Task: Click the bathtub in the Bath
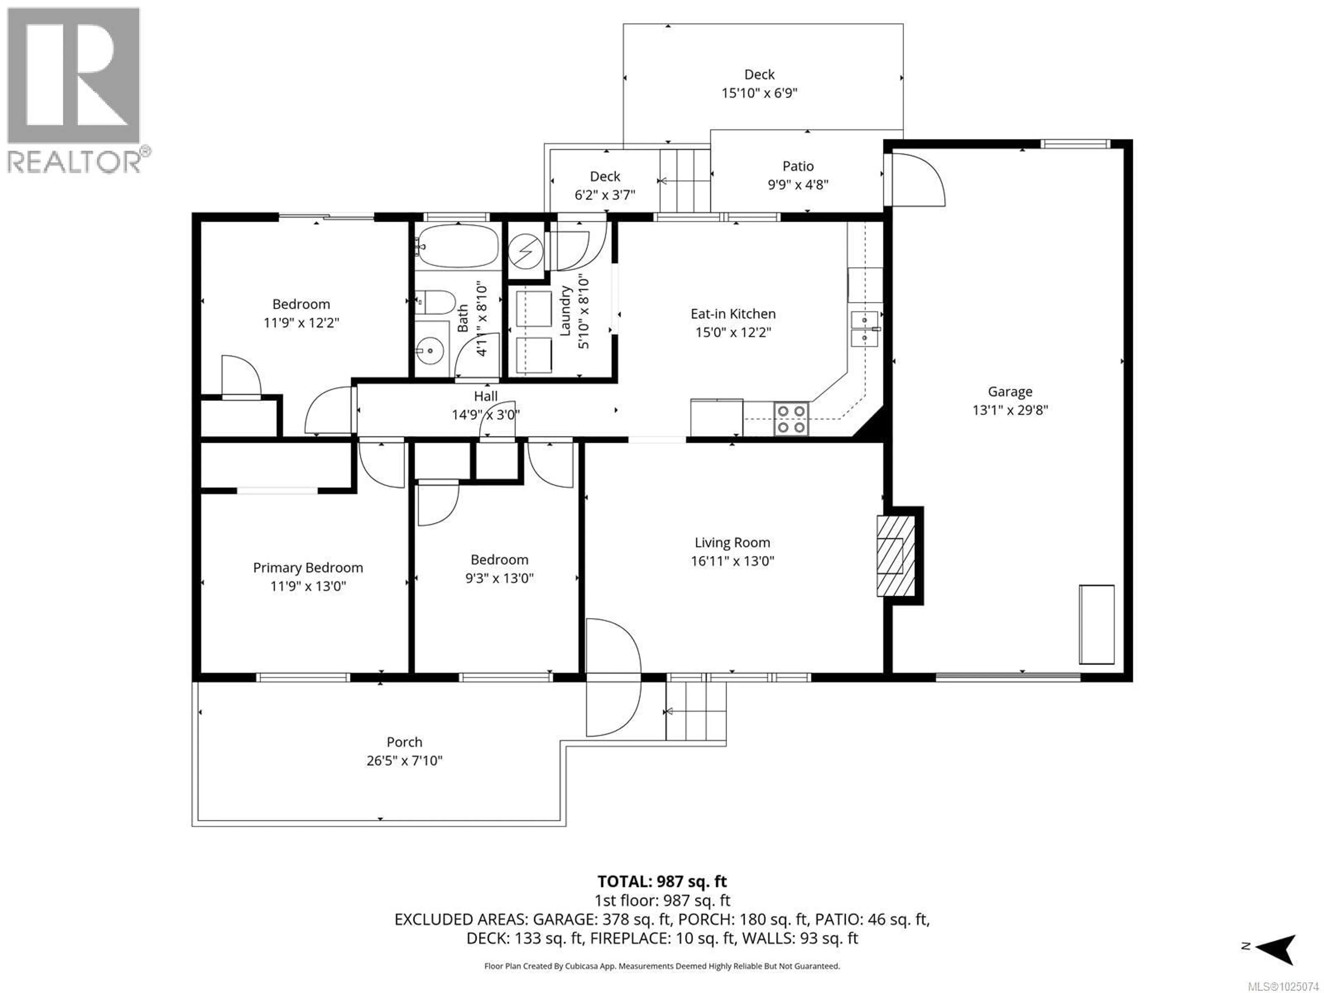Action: pos(458,245)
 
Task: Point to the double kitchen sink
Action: pos(864,329)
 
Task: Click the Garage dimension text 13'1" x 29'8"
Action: pos(1010,410)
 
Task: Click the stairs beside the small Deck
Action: pos(685,180)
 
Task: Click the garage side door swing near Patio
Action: pos(916,180)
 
